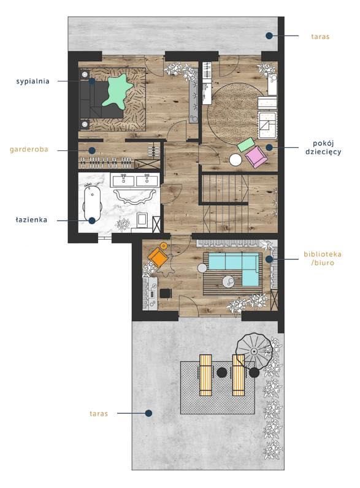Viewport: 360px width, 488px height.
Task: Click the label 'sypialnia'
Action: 33,81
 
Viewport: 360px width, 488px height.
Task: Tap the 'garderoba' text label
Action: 29,150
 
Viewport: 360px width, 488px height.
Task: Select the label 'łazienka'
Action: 31,219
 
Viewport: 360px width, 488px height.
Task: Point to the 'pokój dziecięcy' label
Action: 323,148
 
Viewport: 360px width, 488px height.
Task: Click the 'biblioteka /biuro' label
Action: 323,258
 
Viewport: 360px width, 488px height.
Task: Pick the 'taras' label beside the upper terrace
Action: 320,36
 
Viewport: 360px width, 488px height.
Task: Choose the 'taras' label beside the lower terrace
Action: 99,414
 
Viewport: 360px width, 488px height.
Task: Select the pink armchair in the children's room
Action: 256,156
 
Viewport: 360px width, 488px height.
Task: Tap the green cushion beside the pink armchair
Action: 246,144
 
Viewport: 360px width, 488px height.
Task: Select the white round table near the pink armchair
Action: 236,160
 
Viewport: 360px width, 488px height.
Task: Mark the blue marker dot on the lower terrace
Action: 148,413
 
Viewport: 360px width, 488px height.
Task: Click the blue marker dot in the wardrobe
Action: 91,151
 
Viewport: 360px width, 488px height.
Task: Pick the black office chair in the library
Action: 166,294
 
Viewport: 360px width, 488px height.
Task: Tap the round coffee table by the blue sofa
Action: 229,281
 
